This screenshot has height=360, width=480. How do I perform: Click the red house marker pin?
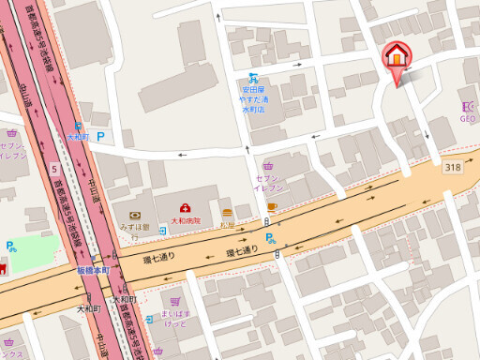click(x=397, y=58)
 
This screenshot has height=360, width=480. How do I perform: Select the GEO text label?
click(x=468, y=118)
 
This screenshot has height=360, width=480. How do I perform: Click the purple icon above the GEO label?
click(x=468, y=106)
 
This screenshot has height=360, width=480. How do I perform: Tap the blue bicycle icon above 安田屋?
click(x=251, y=80)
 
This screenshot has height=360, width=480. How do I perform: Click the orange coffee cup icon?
click(x=272, y=204)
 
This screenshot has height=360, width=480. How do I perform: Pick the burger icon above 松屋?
click(x=227, y=213)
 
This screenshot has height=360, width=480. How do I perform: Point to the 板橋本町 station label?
click(x=93, y=270)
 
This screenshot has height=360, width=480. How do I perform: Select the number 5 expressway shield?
click(x=55, y=169)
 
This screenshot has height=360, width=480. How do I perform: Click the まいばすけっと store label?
click(x=175, y=319)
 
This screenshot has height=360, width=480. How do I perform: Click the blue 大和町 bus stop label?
click(x=77, y=137)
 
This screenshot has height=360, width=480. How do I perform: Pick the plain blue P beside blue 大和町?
click(x=101, y=136)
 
